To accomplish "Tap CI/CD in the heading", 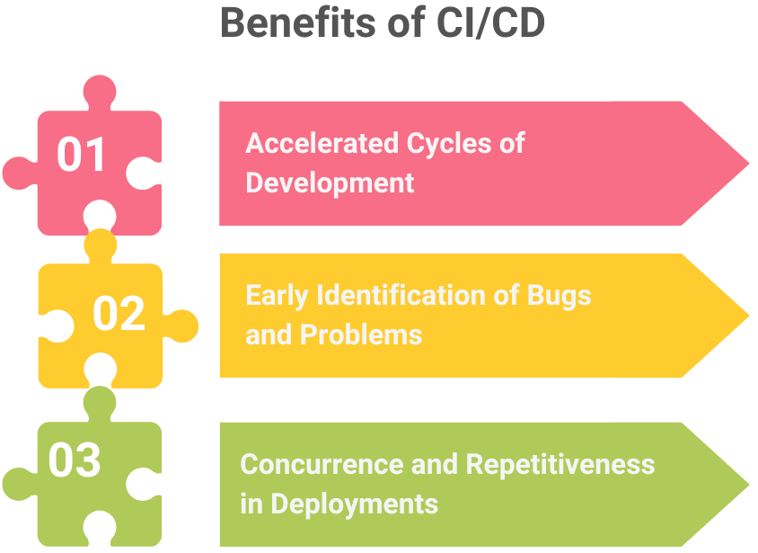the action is tap(490, 22).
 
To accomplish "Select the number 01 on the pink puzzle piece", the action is tap(81, 154).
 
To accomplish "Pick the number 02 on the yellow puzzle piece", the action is tap(119, 313).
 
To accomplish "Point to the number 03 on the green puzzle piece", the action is tap(75, 459).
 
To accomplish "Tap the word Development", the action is tap(331, 183).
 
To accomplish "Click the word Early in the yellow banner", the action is tap(277, 296).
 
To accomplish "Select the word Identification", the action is tap(401, 295).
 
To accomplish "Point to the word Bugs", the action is tap(559, 296).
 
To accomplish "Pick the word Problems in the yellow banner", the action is tap(361, 334).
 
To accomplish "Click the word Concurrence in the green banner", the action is tap(322, 465).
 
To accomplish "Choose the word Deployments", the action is tap(355, 504).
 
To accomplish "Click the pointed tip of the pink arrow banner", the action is tap(749, 164).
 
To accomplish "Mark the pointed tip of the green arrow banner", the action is tap(749, 485).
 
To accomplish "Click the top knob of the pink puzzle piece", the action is tap(100, 91).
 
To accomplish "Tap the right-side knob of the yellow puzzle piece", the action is tap(181, 326).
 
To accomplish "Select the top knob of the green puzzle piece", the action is tap(100, 403).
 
